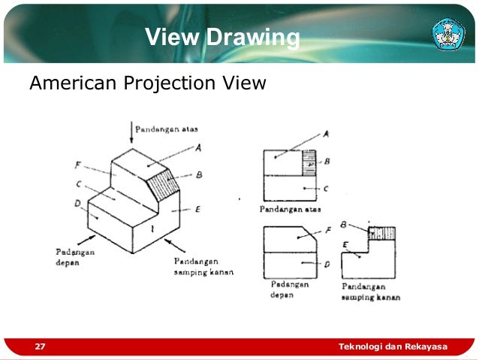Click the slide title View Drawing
tap(222, 37)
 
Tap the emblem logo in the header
tap(449, 34)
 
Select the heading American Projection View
tap(147, 83)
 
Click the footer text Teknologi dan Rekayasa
tap(393, 346)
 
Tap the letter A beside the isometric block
tap(199, 148)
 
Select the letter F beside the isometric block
tap(78, 164)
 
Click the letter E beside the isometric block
tap(197, 210)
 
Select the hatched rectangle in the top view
tap(308, 162)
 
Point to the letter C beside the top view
tap(325, 189)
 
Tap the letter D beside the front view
tap(327, 263)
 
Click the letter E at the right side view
tap(345, 245)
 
